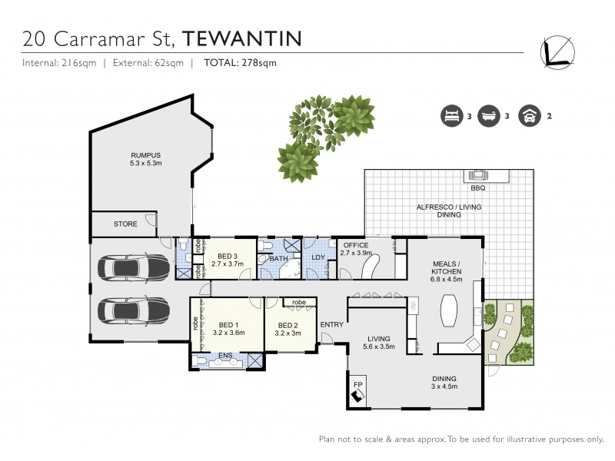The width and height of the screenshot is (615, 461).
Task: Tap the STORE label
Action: click(x=125, y=224)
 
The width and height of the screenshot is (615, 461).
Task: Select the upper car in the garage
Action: click(x=134, y=269)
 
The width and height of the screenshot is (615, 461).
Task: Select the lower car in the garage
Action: click(x=134, y=311)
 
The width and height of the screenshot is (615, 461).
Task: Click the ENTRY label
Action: click(x=331, y=325)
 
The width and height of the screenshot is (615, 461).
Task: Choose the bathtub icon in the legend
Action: click(x=488, y=117)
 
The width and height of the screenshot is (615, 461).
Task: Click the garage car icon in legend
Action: click(x=529, y=117)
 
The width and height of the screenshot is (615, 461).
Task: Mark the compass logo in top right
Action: click(x=557, y=49)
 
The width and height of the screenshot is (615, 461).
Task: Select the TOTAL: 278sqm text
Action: click(x=239, y=63)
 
